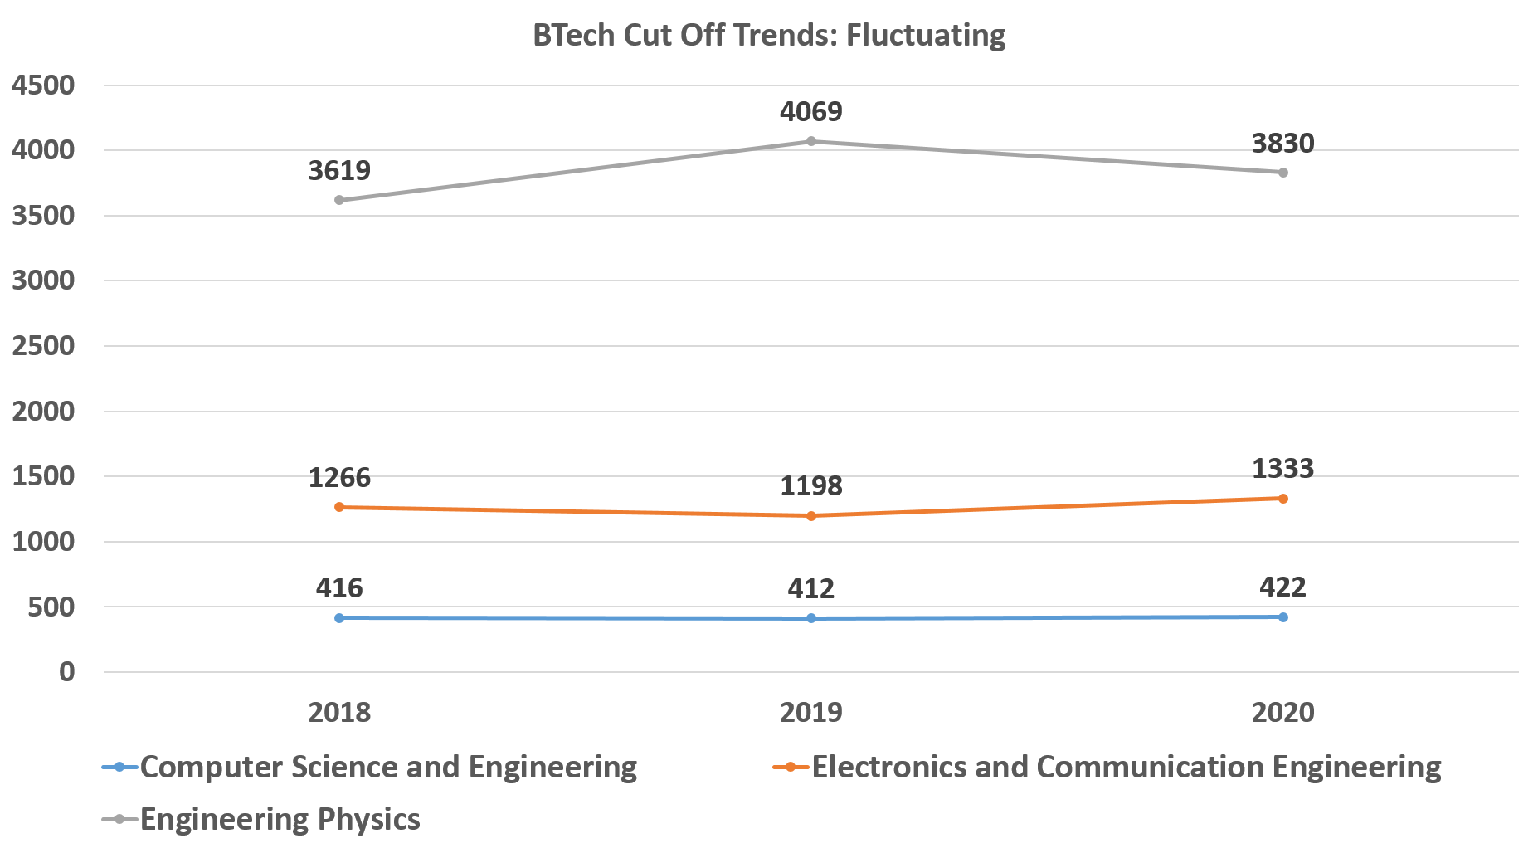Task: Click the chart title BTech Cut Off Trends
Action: [x=768, y=36]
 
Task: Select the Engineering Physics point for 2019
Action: [x=811, y=141]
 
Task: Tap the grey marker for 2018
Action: [x=339, y=200]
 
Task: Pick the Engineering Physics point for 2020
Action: [x=1283, y=173]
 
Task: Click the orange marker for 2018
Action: [x=339, y=507]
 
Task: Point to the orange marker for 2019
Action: [x=811, y=516]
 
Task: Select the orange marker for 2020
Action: [x=1283, y=499]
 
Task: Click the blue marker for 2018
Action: [x=339, y=618]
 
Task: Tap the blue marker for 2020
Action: [x=1283, y=617]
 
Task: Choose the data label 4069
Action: [x=811, y=111]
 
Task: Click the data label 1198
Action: [x=811, y=486]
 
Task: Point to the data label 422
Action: [x=1282, y=587]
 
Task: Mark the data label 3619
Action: [x=339, y=171]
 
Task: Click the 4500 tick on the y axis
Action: [x=43, y=85]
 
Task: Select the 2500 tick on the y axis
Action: [x=43, y=346]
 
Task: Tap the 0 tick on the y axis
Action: [x=66, y=672]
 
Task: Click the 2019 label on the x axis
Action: [x=811, y=712]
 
